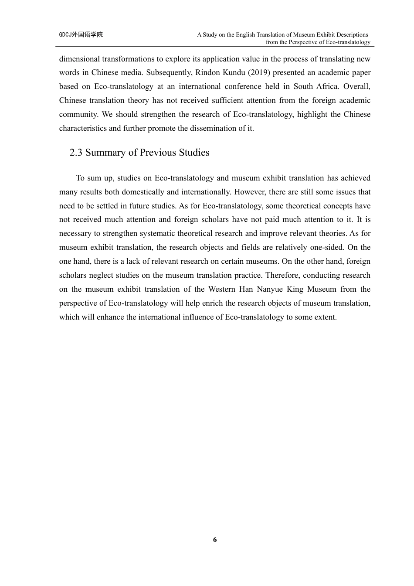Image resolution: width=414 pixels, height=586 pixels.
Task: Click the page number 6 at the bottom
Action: (215, 540)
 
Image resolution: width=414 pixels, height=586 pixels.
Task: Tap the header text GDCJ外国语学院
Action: (81, 34)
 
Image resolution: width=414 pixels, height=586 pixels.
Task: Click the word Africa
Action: (327, 86)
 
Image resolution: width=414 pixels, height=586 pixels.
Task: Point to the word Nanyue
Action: (270, 289)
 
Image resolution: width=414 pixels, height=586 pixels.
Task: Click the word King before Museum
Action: (295, 289)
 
